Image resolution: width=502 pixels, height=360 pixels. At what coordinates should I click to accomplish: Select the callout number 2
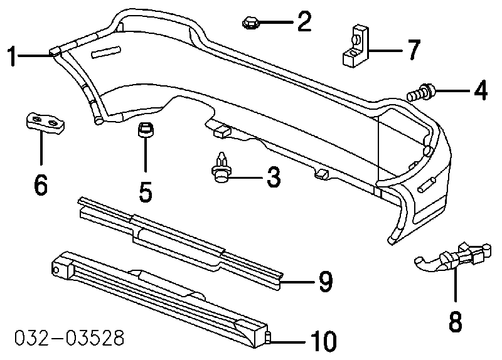pyautogui.click(x=304, y=23)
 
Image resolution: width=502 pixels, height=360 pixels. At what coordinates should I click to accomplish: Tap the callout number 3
pyautogui.click(x=274, y=177)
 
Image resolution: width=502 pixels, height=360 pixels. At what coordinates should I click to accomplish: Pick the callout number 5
pyautogui.click(x=145, y=191)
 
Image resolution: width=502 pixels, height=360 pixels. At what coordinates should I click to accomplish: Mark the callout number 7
pyautogui.click(x=412, y=50)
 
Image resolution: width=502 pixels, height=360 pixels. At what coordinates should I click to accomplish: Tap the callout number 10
pyautogui.click(x=323, y=342)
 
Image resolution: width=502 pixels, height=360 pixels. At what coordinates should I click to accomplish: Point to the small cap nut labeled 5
pyautogui.click(x=144, y=132)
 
